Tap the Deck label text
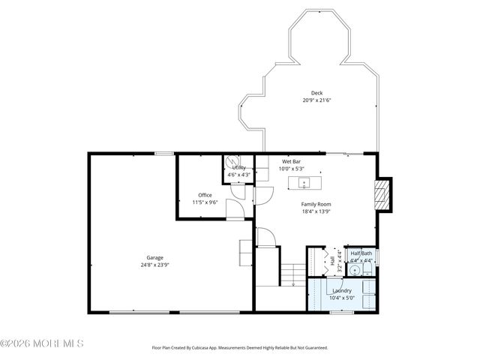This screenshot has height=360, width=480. point(317,93)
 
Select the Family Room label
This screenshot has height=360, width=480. point(316,204)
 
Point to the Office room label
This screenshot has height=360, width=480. point(205,195)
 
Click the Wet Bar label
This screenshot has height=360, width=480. point(292,161)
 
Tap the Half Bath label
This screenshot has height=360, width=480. point(361,253)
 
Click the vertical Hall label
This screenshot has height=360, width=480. point(332,262)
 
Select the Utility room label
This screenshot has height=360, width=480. point(238,168)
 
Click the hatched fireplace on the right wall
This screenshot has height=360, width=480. point(382,194)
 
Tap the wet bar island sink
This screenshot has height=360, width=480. point(304,182)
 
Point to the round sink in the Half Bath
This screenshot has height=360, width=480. point(355,271)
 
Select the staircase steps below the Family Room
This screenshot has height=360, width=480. point(295,271)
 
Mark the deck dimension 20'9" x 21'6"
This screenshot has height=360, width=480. point(316,100)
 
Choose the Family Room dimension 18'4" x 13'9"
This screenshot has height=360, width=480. point(316,211)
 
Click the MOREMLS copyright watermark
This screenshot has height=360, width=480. point(42,343)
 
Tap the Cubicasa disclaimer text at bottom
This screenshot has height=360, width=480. point(240,348)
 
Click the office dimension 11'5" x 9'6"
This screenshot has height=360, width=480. point(205,202)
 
